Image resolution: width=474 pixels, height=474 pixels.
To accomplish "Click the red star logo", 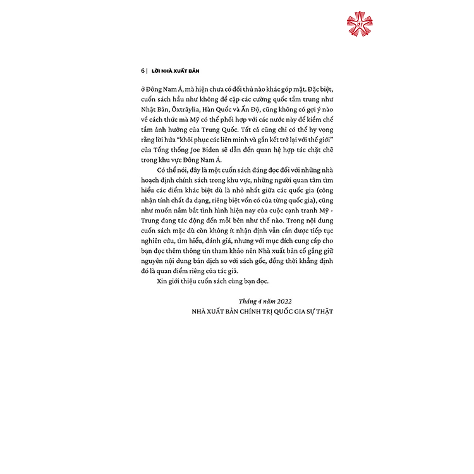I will (361, 23).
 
